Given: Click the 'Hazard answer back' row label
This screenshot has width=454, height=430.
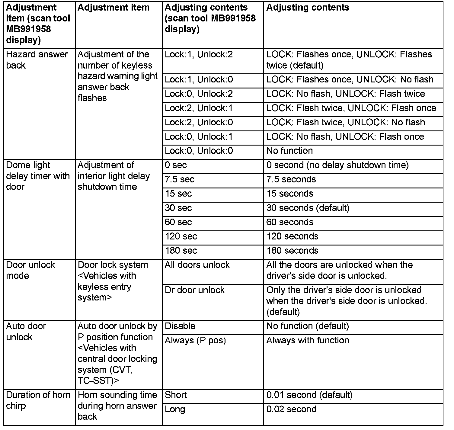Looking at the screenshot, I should [x=37, y=60].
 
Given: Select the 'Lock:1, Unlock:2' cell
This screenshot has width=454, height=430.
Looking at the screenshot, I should [x=199, y=55].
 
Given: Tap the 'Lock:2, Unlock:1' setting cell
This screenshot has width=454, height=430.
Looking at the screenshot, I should [x=199, y=108].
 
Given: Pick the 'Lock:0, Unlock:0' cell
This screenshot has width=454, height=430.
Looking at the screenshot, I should [x=199, y=151].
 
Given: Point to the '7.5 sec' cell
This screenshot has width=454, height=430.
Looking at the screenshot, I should [x=180, y=179].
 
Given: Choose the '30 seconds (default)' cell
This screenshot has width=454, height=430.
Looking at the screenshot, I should [x=308, y=208].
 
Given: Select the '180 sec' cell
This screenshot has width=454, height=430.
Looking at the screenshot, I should [x=181, y=251].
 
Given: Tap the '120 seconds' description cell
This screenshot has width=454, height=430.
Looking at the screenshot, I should [x=292, y=236].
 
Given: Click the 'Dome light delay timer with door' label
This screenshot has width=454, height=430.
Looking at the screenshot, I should [x=38, y=176].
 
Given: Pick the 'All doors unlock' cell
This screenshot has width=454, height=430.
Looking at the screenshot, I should [x=197, y=265].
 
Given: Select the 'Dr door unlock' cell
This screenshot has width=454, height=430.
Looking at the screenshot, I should [x=195, y=290].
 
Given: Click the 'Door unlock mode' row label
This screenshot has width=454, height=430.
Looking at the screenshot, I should [x=30, y=270].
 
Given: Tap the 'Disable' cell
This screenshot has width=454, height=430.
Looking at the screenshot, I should [x=180, y=326].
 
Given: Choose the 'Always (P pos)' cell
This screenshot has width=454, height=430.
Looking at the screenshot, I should [x=195, y=340].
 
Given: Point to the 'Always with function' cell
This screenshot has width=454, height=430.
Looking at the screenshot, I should [x=307, y=340].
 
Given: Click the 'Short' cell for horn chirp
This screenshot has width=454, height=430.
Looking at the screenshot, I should [x=176, y=395].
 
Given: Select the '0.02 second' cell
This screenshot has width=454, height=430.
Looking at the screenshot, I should [x=291, y=409].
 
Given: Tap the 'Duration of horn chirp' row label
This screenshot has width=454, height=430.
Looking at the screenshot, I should [x=38, y=400].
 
